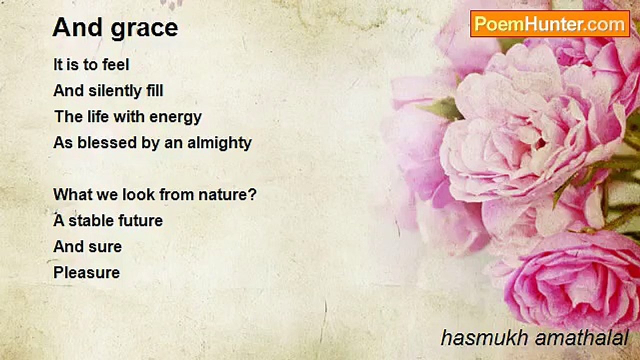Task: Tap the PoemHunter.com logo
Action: [x=550, y=24]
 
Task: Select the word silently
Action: [x=114, y=91]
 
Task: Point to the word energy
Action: [x=175, y=117]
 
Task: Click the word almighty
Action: [x=219, y=143]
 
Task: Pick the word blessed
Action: [x=107, y=142]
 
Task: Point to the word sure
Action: [x=105, y=247]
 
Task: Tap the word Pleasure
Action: [x=86, y=272]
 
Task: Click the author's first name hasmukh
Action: [x=484, y=337]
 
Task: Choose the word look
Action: [x=138, y=194]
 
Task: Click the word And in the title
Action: [x=77, y=27]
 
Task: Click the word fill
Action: [x=154, y=90]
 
